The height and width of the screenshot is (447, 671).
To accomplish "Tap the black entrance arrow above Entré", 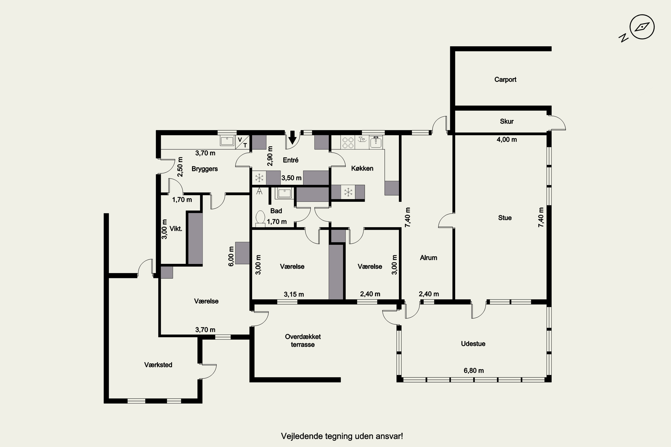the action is point(292,137).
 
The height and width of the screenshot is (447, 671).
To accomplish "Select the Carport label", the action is point(505,80).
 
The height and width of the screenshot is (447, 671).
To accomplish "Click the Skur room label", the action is point(507,121).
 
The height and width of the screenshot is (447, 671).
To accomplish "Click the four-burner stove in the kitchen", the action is point(348,143).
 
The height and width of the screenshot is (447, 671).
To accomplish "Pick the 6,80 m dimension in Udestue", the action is point(474,371).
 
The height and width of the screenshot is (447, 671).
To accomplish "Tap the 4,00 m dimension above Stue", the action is point(507,140).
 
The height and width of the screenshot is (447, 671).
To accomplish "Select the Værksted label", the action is point(158,365).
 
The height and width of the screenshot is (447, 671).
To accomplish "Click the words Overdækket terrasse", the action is point(303,340).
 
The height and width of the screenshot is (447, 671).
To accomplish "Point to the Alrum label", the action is point(429,258).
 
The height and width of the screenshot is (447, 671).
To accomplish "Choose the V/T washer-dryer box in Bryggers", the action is point(242,142).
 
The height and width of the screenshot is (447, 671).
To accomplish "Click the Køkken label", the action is point(362,169).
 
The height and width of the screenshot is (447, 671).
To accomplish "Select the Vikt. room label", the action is point(176,229).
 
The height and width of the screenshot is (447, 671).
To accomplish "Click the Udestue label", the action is point(473,344).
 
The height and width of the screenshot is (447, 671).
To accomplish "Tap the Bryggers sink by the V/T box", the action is point(227,141).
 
